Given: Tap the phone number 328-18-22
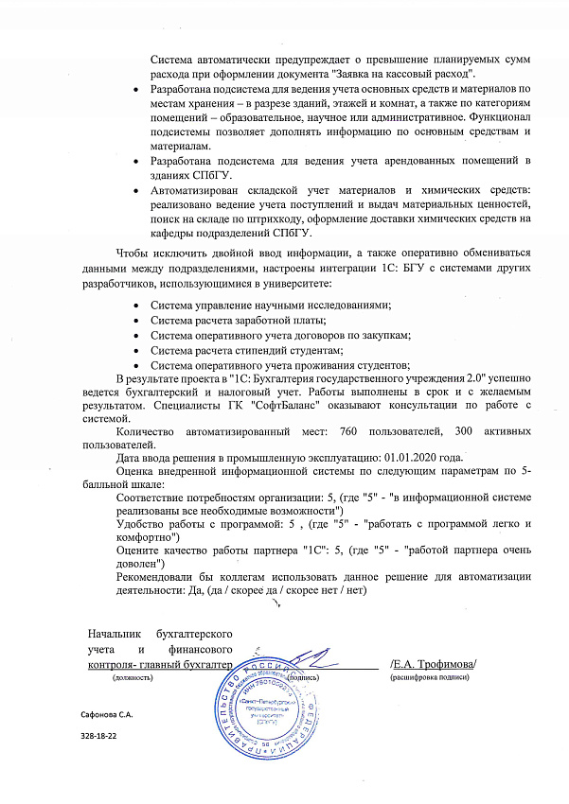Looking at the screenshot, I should (100, 735).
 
